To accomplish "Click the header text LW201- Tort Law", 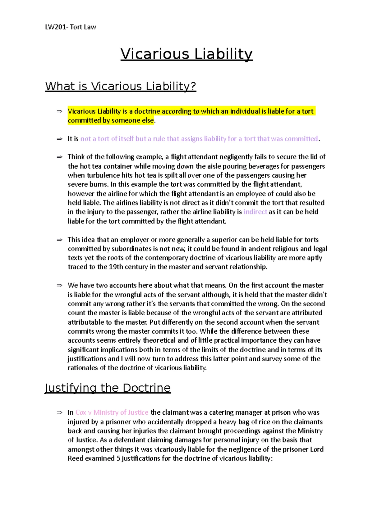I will (x=71, y=27).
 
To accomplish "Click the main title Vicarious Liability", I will (x=186, y=54).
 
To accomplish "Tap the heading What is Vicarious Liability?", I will (x=121, y=86).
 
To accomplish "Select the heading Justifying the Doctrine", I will (x=108, y=388).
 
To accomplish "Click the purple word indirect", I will (x=255, y=212).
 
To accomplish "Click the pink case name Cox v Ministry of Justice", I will (x=112, y=412).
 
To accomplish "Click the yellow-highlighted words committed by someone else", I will (x=111, y=120).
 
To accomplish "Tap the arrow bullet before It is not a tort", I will (x=59, y=139).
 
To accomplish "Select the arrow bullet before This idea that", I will (x=59, y=240).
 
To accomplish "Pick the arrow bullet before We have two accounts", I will (x=59, y=285).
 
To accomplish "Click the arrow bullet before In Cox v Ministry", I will (x=59, y=412).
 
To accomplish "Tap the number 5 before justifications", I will (x=118, y=458).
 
